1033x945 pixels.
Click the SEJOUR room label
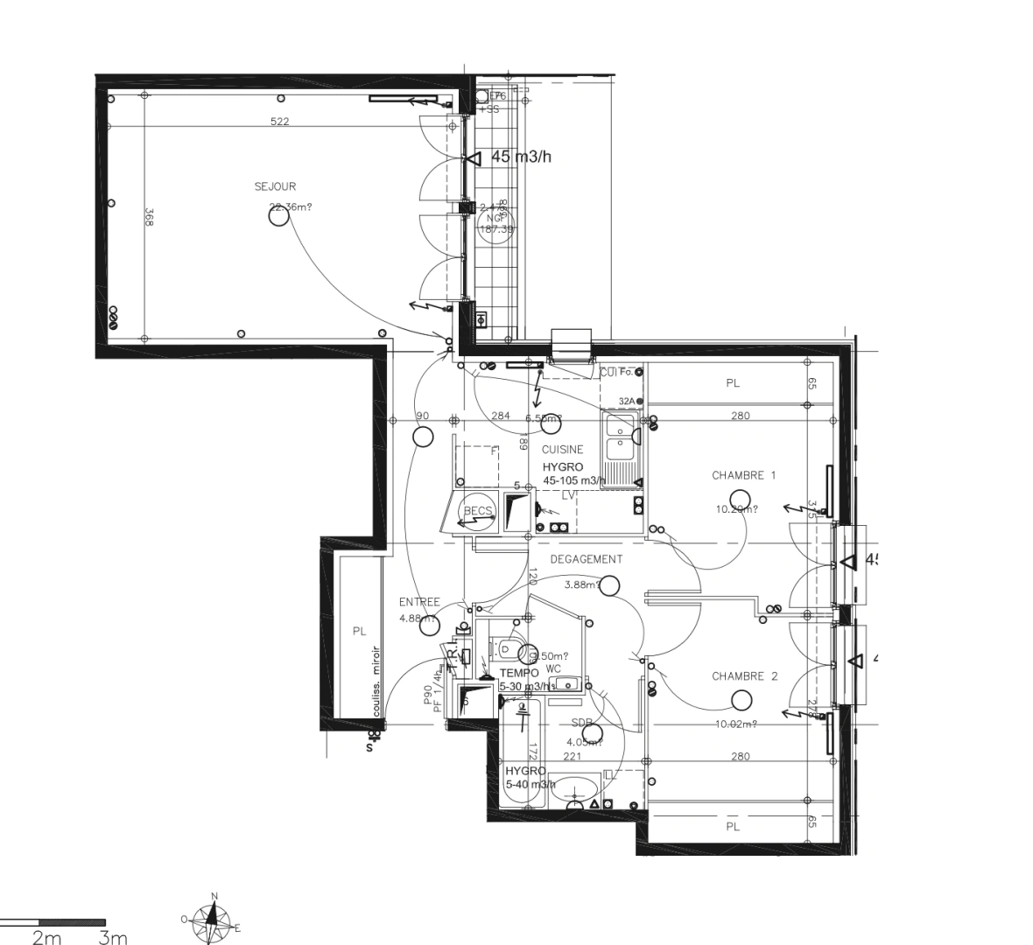tap(275, 186)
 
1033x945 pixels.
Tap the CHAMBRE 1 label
tap(743, 475)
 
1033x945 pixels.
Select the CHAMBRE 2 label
tap(744, 676)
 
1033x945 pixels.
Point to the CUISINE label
tap(562, 450)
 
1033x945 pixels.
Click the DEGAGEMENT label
tap(587, 559)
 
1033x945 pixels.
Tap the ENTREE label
tap(419, 602)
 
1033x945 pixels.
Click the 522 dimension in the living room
tap(279, 122)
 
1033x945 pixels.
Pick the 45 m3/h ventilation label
tap(522, 157)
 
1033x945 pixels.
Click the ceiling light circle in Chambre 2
tap(741, 699)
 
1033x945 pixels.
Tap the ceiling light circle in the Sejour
tap(278, 217)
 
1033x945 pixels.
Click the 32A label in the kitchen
tap(627, 401)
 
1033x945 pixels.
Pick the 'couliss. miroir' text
tap(376, 682)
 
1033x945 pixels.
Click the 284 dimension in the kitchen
tap(500, 416)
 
